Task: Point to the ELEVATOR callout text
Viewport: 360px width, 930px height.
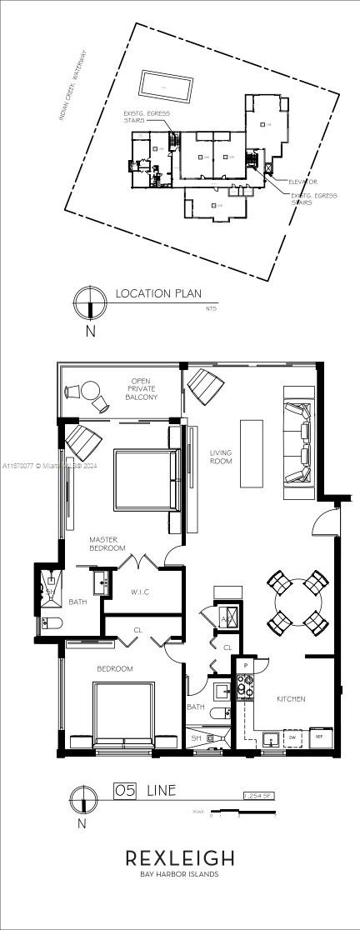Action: tap(302, 181)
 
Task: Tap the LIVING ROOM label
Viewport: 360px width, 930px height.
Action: tap(221, 457)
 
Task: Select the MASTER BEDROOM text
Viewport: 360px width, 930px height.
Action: tap(107, 544)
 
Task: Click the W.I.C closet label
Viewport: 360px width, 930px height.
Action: tap(139, 593)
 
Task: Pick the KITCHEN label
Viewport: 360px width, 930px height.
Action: tap(291, 698)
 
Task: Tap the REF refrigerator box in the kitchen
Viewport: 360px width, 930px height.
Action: tap(317, 737)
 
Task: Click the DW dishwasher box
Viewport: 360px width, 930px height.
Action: tap(292, 737)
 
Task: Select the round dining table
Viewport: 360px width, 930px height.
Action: tap(298, 601)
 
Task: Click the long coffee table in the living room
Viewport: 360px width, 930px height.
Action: tap(252, 452)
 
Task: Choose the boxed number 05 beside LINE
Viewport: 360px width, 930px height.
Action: tap(124, 789)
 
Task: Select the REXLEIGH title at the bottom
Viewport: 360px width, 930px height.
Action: tap(180, 858)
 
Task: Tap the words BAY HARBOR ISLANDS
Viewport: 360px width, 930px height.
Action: tap(180, 875)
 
